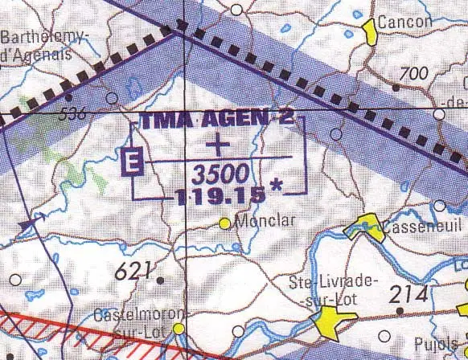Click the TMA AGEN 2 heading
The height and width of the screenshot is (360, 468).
(217, 121)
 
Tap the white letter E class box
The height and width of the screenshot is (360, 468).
(131, 163)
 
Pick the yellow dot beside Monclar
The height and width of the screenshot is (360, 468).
(224, 223)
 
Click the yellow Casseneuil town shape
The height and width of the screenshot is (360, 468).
(365, 227)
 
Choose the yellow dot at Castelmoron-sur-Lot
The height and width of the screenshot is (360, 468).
(179, 329)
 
